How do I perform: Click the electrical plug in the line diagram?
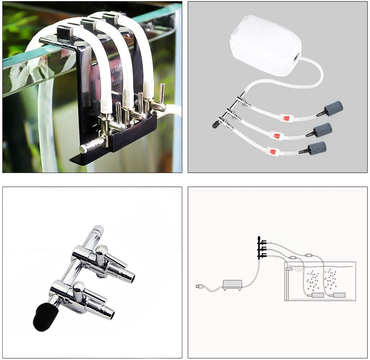point(198,287)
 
